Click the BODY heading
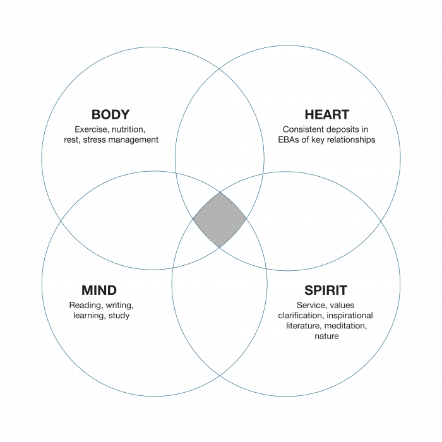coord(110,114)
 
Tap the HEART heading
coord(326,114)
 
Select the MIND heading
coord(99,290)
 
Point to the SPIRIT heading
coord(326,290)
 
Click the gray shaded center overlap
coord(219,220)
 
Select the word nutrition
coord(128,129)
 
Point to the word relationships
coord(352,140)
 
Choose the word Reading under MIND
coord(85,306)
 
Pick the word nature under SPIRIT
coord(326,336)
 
